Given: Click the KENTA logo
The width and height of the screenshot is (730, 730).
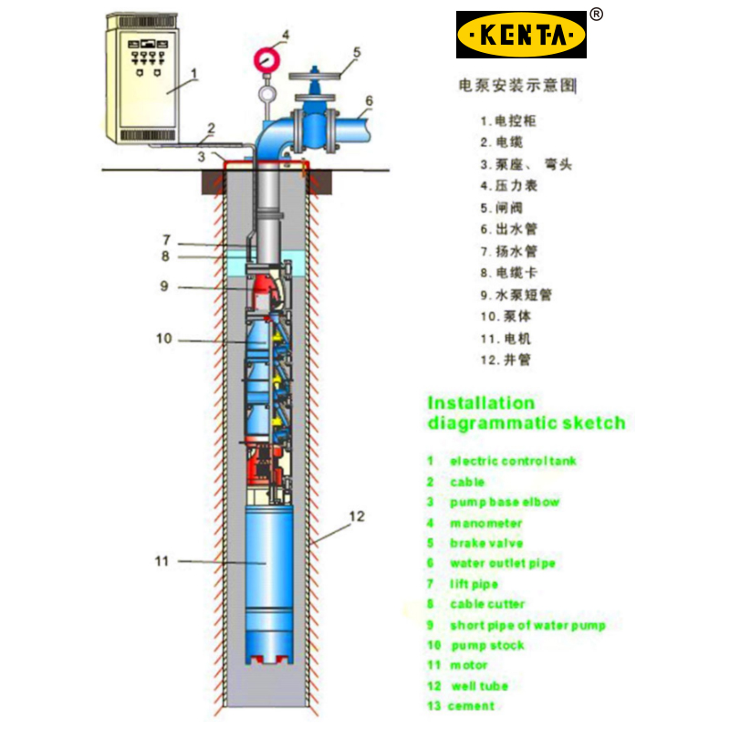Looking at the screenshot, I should click(521, 35).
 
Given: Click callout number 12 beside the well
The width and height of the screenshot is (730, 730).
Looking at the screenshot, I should click(357, 516).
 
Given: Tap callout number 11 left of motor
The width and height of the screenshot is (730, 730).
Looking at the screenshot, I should click(162, 561).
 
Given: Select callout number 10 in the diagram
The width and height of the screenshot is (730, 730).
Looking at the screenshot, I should click(163, 339).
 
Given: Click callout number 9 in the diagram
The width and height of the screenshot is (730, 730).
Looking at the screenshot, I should click(164, 286).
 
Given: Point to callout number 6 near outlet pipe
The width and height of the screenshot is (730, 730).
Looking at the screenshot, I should click(370, 100).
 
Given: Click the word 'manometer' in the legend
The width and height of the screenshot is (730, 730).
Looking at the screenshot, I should click(485, 523).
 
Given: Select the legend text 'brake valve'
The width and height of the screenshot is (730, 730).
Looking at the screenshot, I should click(486, 543).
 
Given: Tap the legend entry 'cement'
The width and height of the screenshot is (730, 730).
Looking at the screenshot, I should click(472, 705).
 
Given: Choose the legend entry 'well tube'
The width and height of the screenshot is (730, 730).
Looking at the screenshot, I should click(480, 685).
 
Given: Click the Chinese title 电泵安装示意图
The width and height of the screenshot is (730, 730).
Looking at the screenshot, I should click(516, 86).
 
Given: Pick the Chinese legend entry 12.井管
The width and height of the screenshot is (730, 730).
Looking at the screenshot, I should click(505, 360).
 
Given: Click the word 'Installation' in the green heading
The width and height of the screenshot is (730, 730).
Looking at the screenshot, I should click(482, 402).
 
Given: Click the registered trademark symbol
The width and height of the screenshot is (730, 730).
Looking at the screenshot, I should click(596, 14).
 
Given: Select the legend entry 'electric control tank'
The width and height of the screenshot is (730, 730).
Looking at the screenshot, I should click(513, 461).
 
